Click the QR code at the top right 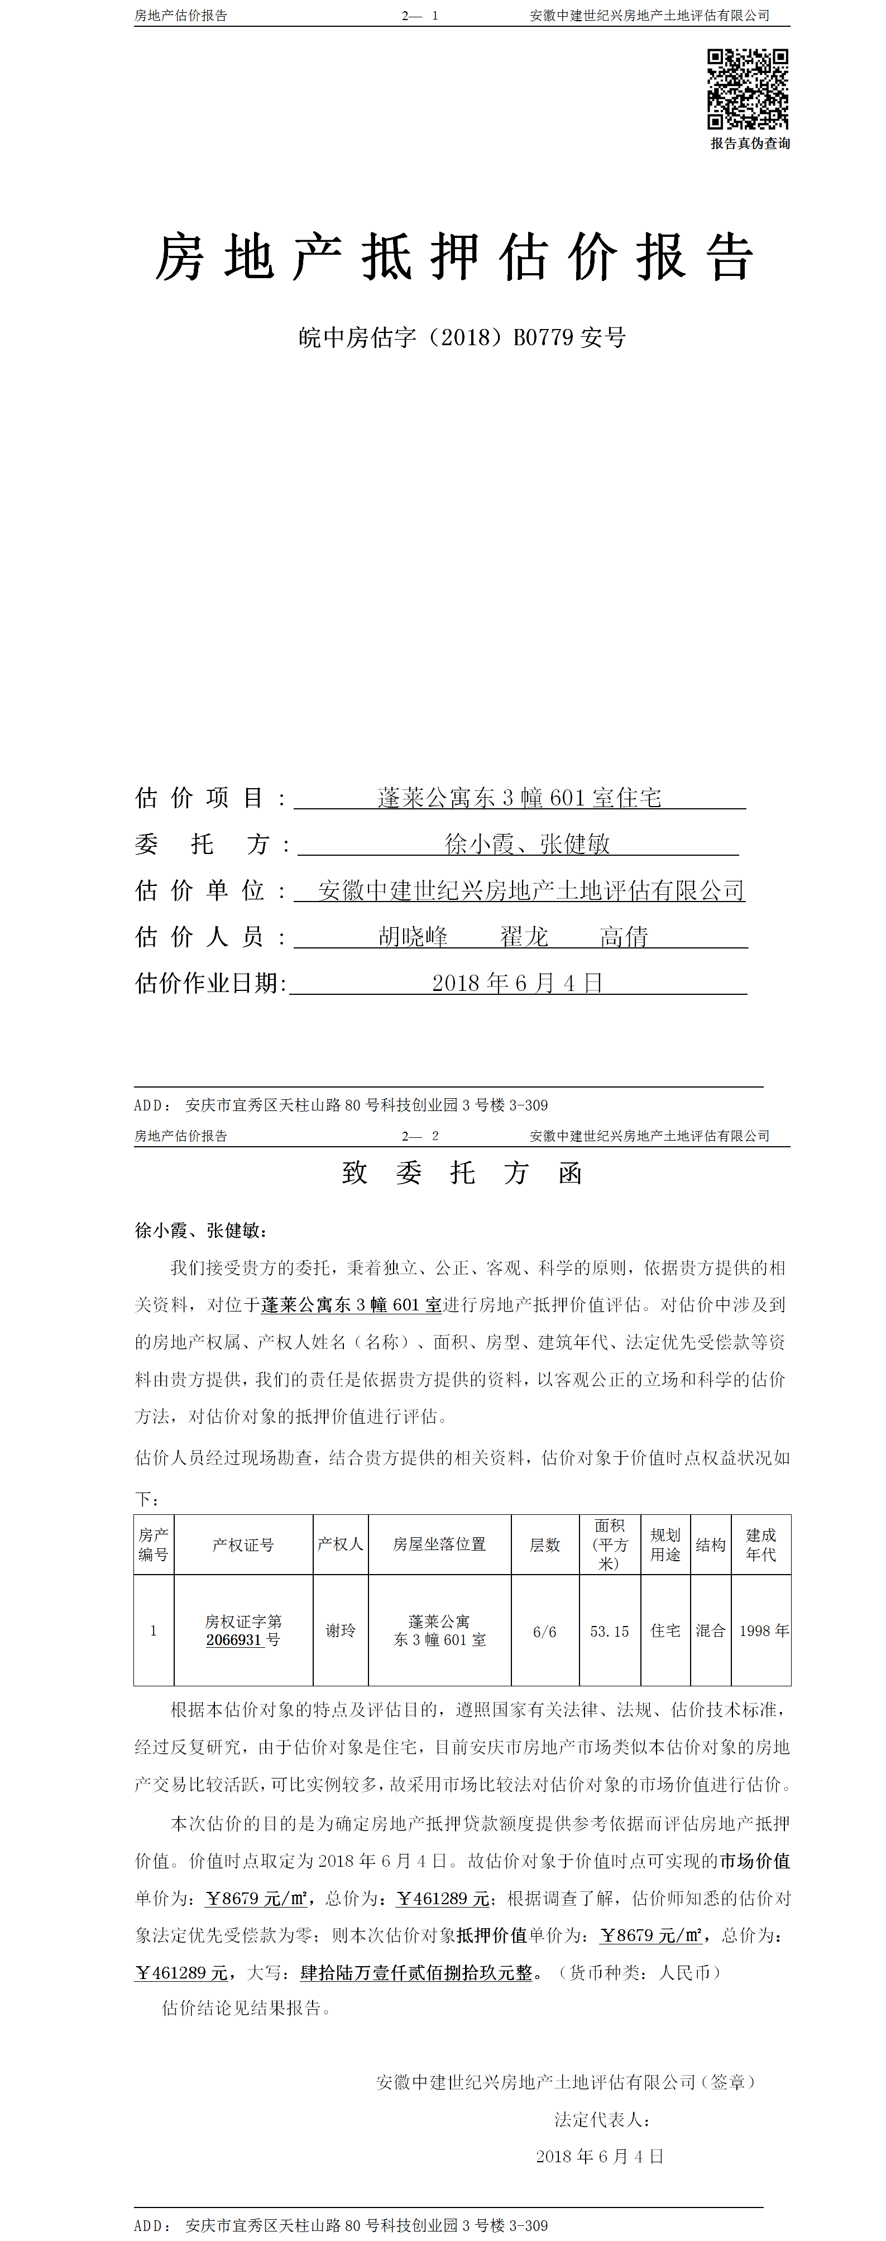click(747, 89)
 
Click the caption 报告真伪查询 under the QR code click(749, 144)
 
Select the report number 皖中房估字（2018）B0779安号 click(462, 337)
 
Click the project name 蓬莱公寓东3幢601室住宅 click(519, 798)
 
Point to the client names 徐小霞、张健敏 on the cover click(527, 844)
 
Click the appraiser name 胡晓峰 click(413, 937)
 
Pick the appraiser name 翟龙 click(524, 937)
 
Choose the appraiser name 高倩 click(624, 937)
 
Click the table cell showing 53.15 click(610, 1631)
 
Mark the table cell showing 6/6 click(544, 1631)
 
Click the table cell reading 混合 click(710, 1630)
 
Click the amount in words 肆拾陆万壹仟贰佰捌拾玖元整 click(416, 1972)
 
